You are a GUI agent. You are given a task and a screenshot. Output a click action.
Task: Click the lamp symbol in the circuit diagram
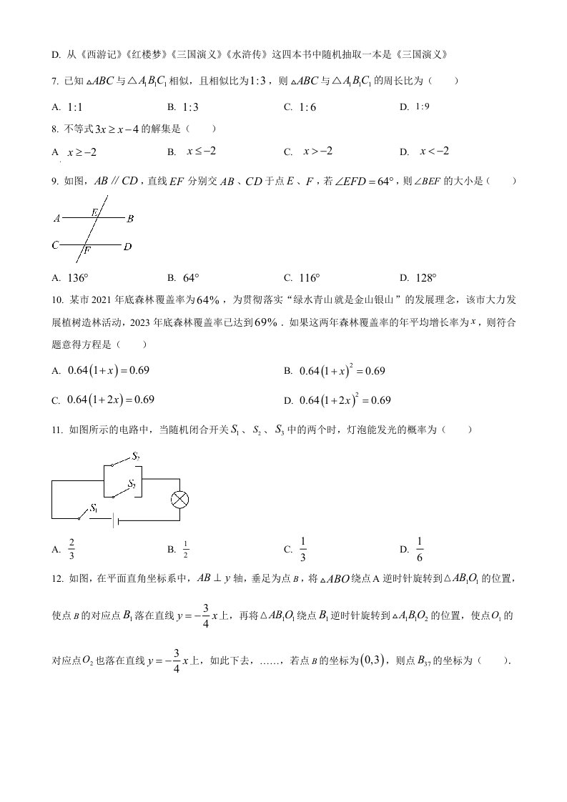tap(179, 499)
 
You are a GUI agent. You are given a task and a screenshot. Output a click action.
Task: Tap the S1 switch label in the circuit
tap(93, 508)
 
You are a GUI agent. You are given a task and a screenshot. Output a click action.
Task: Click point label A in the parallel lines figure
tap(56, 219)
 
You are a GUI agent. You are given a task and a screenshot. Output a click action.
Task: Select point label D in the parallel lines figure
tap(127, 247)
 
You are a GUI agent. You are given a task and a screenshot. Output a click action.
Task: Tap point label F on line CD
tap(87, 250)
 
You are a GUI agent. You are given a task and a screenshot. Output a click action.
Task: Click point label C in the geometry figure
tap(54, 245)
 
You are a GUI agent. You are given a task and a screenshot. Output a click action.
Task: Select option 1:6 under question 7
tap(308, 107)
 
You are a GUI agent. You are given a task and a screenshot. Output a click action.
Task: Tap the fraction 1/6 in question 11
tap(420, 548)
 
